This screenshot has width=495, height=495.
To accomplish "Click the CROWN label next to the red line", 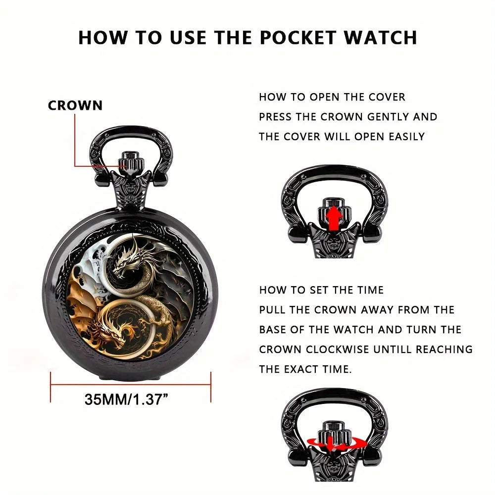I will pos(75,105).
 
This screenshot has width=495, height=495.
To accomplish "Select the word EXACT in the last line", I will pos(305,369).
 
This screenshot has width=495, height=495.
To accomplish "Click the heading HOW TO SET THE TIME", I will pos(322,290).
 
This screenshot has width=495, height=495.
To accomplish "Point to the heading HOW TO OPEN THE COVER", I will pos(332,97).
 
